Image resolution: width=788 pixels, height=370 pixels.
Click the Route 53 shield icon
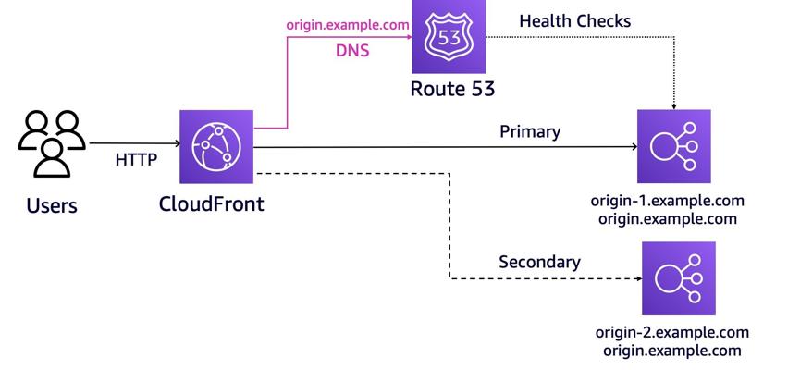coord(449,36)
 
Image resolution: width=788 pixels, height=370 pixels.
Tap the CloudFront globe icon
coord(216,147)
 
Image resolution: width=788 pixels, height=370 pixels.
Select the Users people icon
coord(51,143)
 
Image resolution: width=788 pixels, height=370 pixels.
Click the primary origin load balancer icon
coord(674,146)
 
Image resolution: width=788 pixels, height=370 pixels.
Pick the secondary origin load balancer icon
coord(679,278)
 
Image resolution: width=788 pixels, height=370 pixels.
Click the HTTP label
coord(136,160)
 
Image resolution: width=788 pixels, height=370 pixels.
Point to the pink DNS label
coord(352,50)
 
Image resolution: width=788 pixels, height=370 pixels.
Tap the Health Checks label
coord(575,20)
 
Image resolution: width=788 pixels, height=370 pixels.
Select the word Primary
coord(530,131)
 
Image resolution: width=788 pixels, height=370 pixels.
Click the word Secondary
coord(539,262)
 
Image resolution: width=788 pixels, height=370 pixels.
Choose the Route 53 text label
coord(452,89)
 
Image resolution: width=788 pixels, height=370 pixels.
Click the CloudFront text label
coord(211,204)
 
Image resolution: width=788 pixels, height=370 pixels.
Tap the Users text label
coord(52,205)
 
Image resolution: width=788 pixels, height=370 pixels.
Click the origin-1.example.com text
coord(668,201)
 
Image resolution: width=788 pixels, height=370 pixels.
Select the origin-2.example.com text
coord(671,332)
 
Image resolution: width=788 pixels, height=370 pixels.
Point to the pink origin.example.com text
coord(348,25)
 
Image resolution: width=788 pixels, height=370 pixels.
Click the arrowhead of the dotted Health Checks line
coord(674,107)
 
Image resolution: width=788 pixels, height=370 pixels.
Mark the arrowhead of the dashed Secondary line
coord(639,278)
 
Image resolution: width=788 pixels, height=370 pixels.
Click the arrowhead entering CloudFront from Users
coord(177,144)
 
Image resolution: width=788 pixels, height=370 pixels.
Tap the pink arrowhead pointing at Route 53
coord(409,36)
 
